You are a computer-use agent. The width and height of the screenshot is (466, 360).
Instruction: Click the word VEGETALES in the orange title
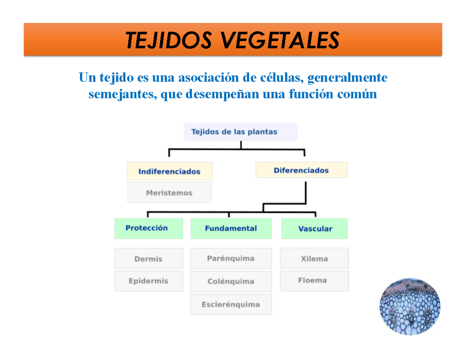coord(276,40)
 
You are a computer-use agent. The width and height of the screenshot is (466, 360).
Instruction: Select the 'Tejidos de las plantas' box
coord(240,132)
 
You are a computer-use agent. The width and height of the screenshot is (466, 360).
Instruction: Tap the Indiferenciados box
coord(169,171)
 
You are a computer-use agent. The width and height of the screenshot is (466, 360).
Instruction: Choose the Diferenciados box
coord(301,170)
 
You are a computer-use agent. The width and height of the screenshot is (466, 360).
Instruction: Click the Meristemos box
coord(169,193)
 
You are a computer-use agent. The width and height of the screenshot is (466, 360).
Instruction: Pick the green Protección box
coord(148,228)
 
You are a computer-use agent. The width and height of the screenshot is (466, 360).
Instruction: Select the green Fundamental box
coord(231,228)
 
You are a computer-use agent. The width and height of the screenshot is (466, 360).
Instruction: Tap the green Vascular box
coord(315,229)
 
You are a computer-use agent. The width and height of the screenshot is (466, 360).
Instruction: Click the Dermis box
coord(148,259)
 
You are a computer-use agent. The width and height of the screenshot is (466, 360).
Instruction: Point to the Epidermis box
coord(148,281)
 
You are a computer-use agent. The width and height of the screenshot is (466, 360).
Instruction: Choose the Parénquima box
coord(231,258)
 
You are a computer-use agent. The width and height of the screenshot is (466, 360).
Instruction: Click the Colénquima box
coord(231,281)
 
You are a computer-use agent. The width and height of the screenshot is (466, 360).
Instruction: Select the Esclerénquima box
coord(231,304)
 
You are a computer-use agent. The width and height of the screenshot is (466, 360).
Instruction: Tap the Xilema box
coord(315,258)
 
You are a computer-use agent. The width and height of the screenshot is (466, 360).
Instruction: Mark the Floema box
coord(315,280)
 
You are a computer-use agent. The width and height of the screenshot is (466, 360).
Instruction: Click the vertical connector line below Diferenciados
coord(306,190)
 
